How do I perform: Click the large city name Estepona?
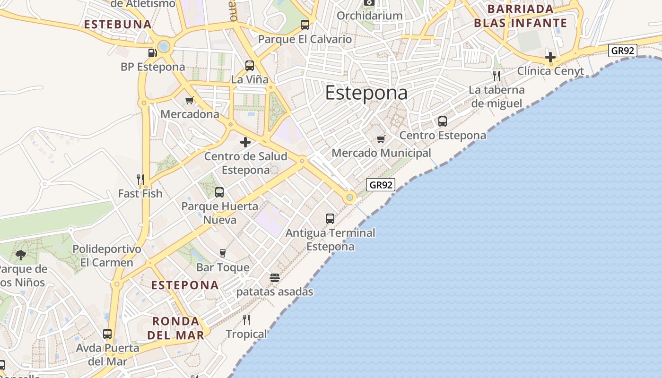point(366,93)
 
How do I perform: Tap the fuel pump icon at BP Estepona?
point(152,53)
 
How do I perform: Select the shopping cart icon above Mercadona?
point(190,100)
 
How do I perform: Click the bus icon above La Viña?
point(249,66)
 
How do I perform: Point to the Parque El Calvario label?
point(305,39)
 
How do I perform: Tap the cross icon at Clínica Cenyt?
point(550,57)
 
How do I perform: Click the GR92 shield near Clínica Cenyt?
point(622,51)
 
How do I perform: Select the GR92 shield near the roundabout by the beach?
point(381,185)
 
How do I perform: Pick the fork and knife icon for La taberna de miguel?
point(496,76)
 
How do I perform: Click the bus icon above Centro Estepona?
point(443,121)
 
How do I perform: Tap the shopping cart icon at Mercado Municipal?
point(381,139)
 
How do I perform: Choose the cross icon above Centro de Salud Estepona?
point(245,142)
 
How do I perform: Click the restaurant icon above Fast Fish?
point(140,180)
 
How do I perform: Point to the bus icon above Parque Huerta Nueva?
point(219,192)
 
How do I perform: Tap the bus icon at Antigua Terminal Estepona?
point(330,219)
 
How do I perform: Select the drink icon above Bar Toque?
point(223,253)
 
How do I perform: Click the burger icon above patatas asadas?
point(275,278)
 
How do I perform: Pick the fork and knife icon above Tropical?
point(246,320)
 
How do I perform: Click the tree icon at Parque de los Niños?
point(20,255)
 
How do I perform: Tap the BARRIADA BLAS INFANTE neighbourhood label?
point(520,16)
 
